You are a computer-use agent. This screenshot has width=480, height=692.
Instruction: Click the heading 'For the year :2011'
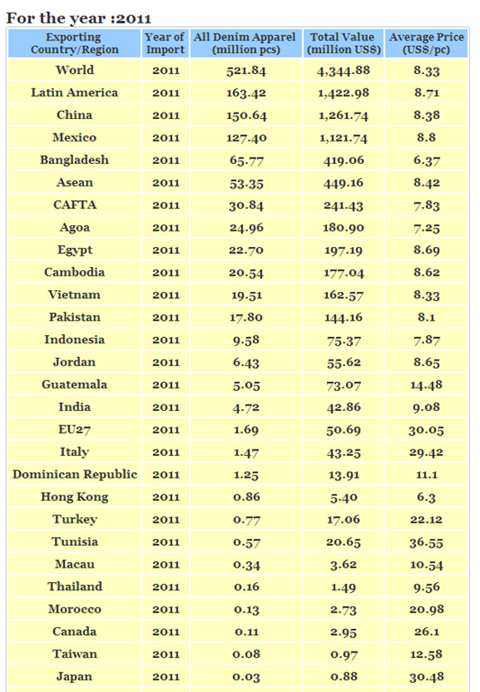(x=78, y=18)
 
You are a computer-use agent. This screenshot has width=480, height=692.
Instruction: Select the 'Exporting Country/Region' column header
(x=75, y=43)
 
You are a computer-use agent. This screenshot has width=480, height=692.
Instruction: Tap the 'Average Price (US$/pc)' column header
(x=426, y=43)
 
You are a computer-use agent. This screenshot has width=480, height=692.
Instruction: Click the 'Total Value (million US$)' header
(x=344, y=43)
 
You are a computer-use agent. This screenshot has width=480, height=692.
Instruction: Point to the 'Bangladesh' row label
(x=75, y=159)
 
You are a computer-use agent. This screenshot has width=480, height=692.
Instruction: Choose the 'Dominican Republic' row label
(x=75, y=474)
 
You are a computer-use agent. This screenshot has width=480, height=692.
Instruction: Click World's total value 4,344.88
(x=344, y=70)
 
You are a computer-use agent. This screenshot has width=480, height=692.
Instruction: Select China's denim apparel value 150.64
(x=246, y=115)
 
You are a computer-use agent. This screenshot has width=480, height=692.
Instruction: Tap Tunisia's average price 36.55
(x=426, y=542)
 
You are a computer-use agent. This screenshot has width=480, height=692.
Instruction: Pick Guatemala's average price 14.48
(x=426, y=385)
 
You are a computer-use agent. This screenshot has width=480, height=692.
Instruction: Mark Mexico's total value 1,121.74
(x=344, y=138)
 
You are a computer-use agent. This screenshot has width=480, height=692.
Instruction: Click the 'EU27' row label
(x=75, y=430)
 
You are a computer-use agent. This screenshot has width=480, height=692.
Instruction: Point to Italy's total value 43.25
(x=344, y=452)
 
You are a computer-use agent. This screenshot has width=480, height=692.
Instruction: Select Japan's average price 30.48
(x=426, y=677)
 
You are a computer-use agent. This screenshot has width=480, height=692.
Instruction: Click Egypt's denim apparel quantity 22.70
(x=246, y=250)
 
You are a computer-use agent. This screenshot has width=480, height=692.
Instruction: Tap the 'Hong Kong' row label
(x=75, y=497)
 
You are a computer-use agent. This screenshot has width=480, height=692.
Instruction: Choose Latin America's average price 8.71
(x=426, y=93)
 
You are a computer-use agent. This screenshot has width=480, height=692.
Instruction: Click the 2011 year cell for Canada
(x=166, y=632)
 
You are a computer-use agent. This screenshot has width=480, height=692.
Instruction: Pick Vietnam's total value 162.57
(x=344, y=295)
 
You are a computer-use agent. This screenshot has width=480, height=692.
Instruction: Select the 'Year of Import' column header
(x=165, y=43)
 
